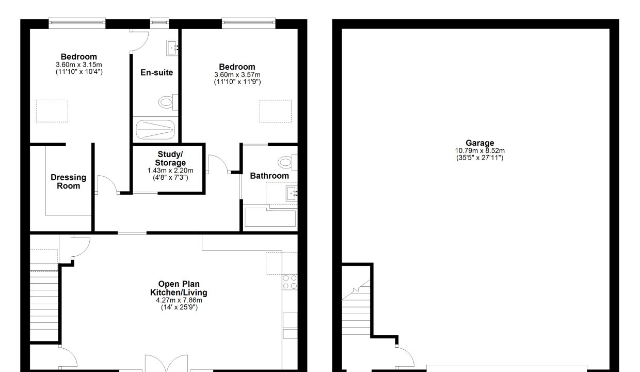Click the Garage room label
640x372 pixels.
pyautogui.click(x=479, y=143)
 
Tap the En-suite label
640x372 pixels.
pyautogui.click(x=156, y=72)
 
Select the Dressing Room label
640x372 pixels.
pyautogui.click(x=68, y=181)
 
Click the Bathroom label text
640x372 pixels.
pyautogui.click(x=269, y=176)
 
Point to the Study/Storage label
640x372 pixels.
pyautogui.click(x=170, y=159)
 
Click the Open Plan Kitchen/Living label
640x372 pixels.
pyautogui.click(x=179, y=288)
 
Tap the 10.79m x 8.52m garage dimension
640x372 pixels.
pyautogui.click(x=479, y=151)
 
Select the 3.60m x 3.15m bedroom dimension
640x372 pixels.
pyautogui.click(x=79, y=65)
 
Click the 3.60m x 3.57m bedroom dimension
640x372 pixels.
pyautogui.click(x=237, y=74)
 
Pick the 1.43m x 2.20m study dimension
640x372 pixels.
pyautogui.click(x=170, y=171)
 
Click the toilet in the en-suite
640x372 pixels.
pyautogui.click(x=168, y=102)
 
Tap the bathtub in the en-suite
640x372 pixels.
pyautogui.click(x=155, y=130)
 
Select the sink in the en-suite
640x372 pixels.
pyautogui.click(x=172, y=48)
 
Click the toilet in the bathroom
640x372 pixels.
pyautogui.click(x=287, y=162)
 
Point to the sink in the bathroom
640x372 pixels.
pyautogui.click(x=292, y=194)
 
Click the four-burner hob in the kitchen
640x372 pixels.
pyautogui.click(x=290, y=282)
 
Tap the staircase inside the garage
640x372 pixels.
pyautogui.click(x=356, y=307)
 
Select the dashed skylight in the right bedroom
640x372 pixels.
pyautogui.click(x=276, y=111)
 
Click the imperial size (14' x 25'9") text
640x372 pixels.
pyautogui.click(x=179, y=307)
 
